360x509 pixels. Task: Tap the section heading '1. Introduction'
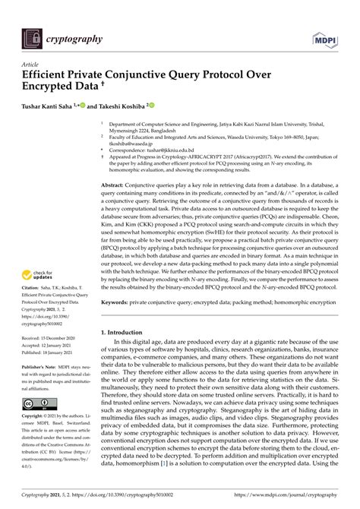[125, 332]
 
